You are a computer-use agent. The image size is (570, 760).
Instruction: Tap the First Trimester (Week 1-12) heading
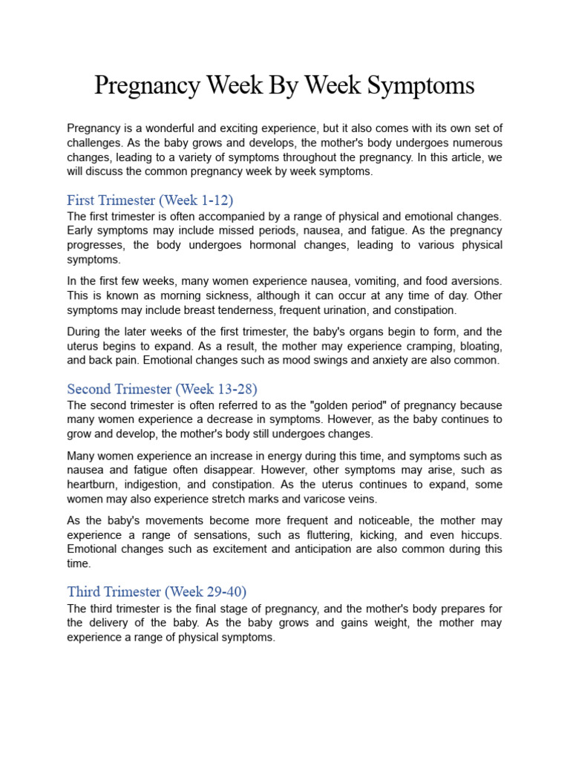click(x=151, y=200)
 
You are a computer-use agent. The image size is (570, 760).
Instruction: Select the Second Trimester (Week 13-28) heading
click(x=162, y=389)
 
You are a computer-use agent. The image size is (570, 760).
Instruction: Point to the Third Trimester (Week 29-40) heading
click(x=157, y=592)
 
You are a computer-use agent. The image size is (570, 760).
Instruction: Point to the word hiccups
click(x=479, y=535)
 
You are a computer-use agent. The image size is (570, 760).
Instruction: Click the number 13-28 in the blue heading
click(x=233, y=389)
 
